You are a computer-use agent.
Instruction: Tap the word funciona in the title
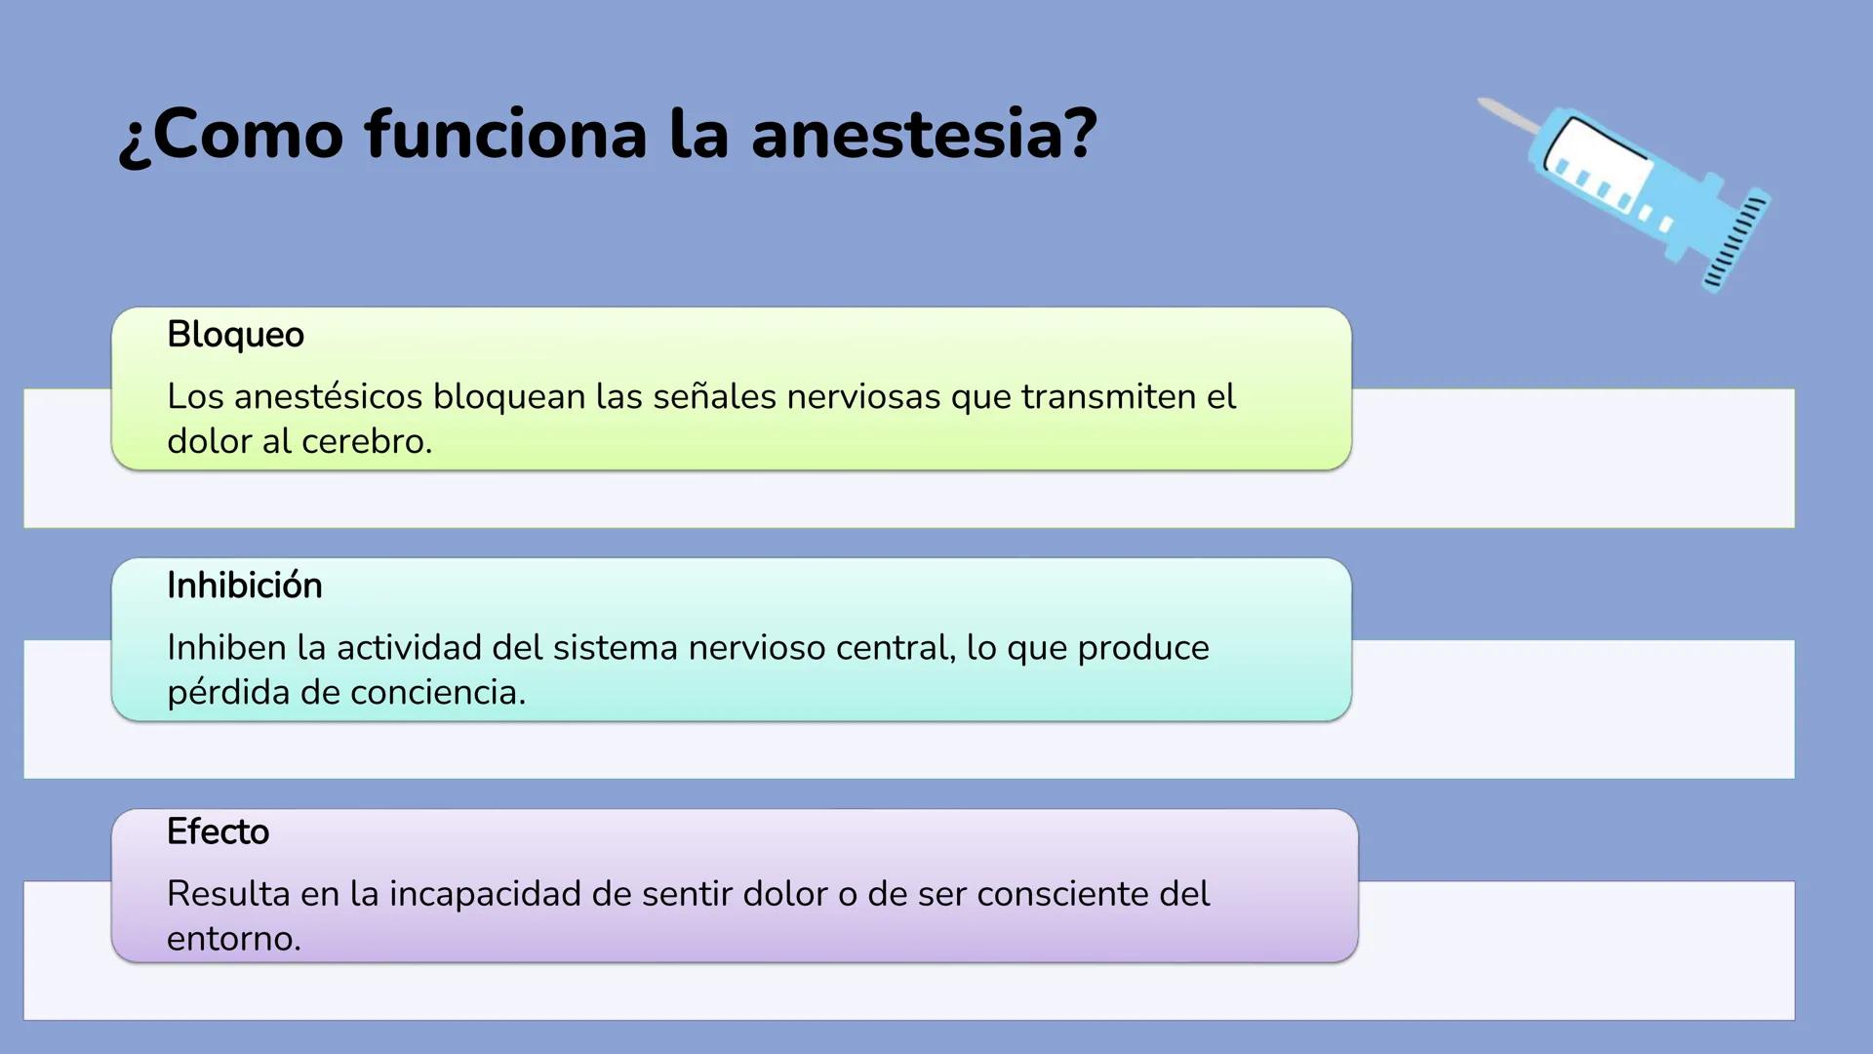click(505, 135)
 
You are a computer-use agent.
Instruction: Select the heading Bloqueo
click(235, 335)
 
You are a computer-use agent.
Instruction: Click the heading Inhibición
click(244, 586)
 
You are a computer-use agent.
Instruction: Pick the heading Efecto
click(218, 831)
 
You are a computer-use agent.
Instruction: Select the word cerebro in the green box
click(366, 442)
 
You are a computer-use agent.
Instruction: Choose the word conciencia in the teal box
click(437, 693)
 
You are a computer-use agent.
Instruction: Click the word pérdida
click(228, 693)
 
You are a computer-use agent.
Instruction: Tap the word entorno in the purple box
click(233, 939)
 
